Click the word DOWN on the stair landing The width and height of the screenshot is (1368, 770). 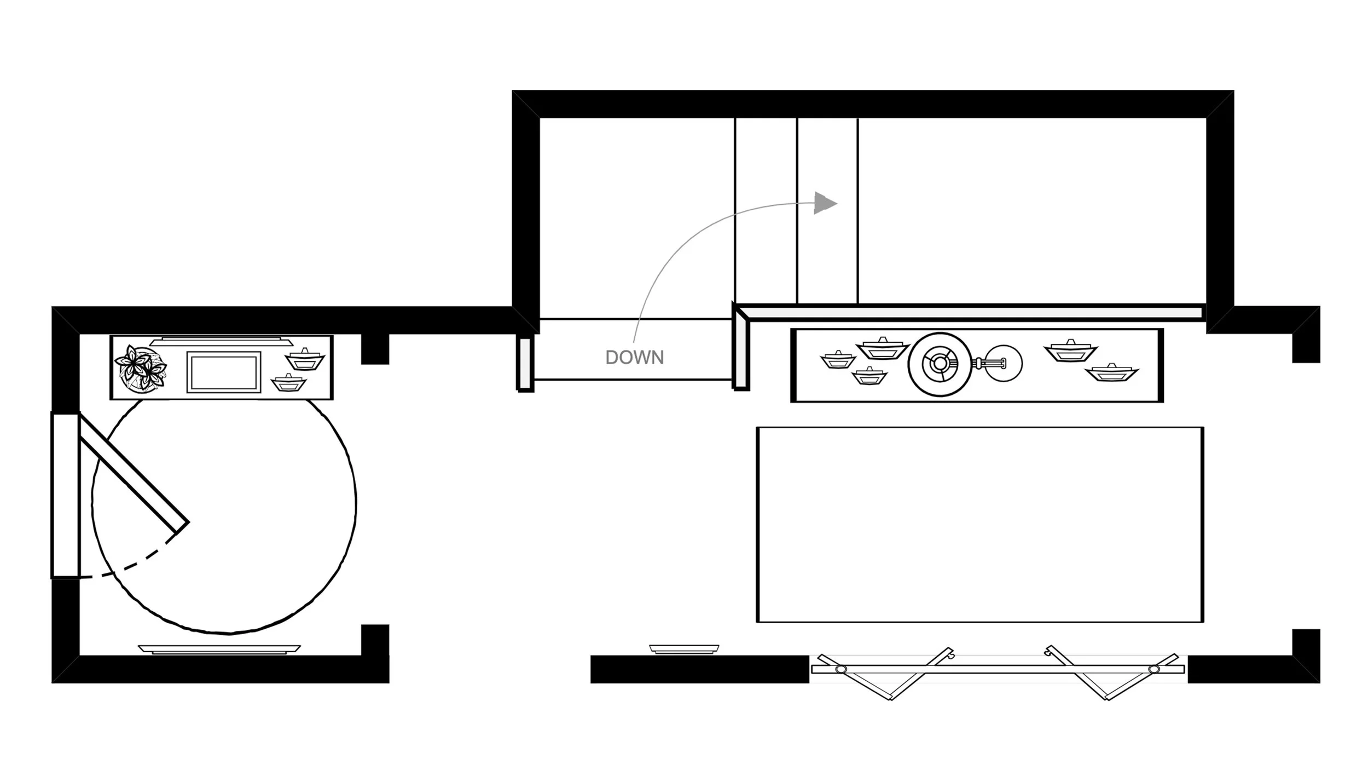tap(634, 358)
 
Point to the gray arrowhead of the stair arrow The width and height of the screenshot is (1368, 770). tap(824, 203)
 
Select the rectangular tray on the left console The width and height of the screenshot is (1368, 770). tap(223, 372)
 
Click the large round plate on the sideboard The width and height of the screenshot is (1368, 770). tap(939, 364)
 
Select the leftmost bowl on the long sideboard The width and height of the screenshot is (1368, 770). tap(838, 360)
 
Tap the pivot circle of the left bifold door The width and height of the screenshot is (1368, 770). tap(841, 670)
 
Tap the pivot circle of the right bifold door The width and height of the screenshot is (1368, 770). tap(1154, 669)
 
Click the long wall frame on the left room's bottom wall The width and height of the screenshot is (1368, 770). tap(219, 649)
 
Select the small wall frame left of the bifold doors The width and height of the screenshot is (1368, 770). tap(684, 649)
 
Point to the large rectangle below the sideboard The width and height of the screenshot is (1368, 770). tap(979, 524)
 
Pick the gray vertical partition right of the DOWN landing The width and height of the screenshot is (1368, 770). tap(741, 353)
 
